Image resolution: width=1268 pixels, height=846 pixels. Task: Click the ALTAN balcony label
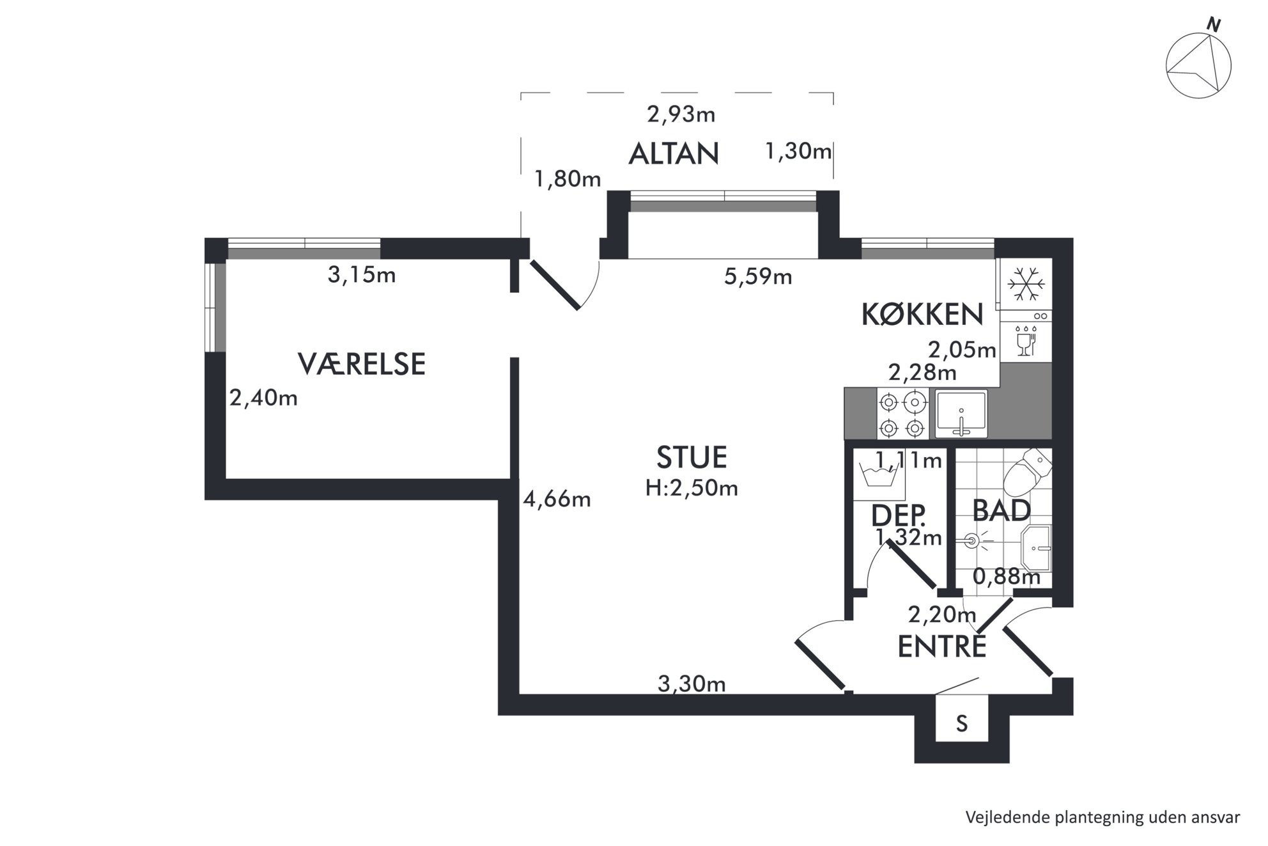[674, 153]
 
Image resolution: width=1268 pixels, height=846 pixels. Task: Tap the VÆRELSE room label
[362, 364]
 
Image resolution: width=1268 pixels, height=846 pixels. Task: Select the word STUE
[692, 457]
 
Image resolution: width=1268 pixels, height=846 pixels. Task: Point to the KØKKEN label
[922, 314]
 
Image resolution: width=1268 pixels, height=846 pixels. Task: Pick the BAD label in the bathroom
[1001, 511]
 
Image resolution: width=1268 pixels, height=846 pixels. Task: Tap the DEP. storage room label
[899, 515]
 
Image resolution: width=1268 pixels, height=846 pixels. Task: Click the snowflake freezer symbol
[1025, 285]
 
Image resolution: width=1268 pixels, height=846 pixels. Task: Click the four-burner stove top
[902, 414]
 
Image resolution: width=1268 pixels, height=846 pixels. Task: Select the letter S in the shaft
[962, 723]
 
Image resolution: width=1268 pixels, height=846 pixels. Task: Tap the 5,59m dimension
[758, 276]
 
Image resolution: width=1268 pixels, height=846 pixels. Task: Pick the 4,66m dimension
[557, 499]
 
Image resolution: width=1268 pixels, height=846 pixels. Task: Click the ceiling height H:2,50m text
[692, 489]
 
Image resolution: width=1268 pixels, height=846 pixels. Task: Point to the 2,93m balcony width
[681, 114]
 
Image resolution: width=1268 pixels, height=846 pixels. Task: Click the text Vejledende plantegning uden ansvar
[1102, 817]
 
